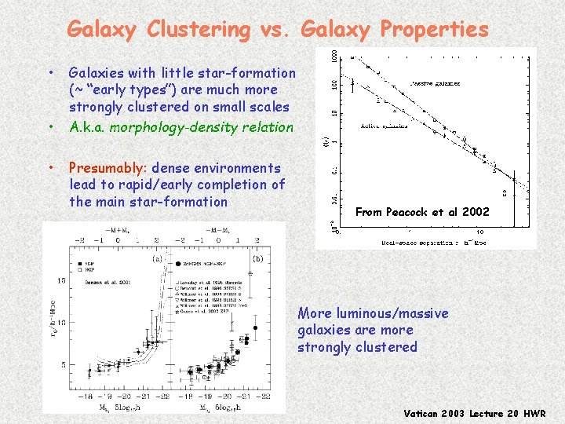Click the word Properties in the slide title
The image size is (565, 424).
coord(434,30)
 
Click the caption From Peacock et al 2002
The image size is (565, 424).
coord(422,212)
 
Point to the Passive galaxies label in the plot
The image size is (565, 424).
coord(435,83)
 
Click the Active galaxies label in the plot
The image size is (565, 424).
coord(384,126)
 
